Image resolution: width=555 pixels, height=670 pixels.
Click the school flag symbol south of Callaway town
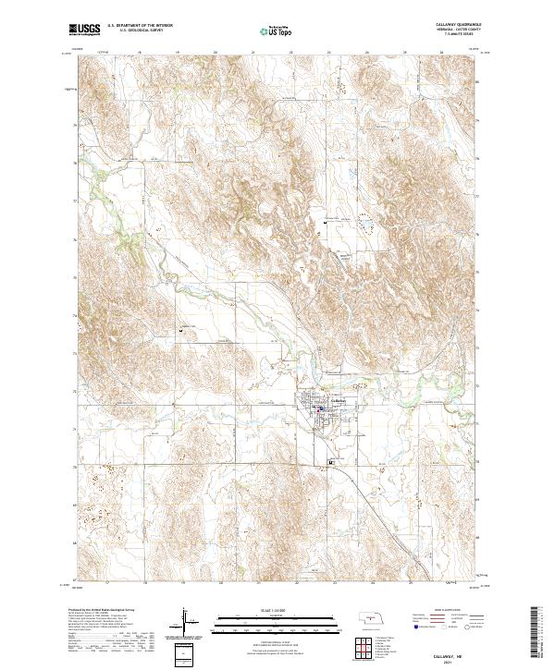tap(331, 461)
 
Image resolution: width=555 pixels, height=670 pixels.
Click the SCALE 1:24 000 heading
tap(263, 609)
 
